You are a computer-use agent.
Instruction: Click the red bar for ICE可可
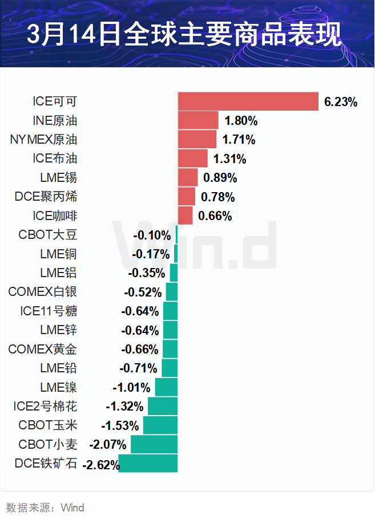[x=248, y=101]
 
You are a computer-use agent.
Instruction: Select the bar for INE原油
[x=198, y=120]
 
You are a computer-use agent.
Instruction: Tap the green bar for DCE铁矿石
[x=148, y=464]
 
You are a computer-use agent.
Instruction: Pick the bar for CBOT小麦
[x=154, y=444]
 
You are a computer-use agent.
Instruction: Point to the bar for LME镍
[x=166, y=387]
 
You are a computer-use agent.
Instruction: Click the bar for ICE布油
[x=192, y=159]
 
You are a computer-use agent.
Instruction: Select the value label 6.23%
[x=341, y=102]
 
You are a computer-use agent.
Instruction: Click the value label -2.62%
[x=100, y=464]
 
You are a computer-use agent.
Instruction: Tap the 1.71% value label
[x=239, y=140]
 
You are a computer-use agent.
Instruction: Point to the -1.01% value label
[x=131, y=388]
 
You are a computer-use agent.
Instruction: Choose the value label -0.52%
[x=143, y=292]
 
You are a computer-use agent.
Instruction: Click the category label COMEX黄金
[x=43, y=349]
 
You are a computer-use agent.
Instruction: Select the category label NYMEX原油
[x=44, y=140]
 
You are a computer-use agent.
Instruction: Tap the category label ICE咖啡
[x=55, y=216]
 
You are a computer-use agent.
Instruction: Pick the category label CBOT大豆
[x=47, y=235]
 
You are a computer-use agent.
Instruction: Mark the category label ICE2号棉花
[x=45, y=407]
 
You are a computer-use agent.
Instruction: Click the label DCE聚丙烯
[x=46, y=197]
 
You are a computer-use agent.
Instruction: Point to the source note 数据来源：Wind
[x=45, y=507]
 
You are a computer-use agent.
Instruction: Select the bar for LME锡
[x=188, y=177]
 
